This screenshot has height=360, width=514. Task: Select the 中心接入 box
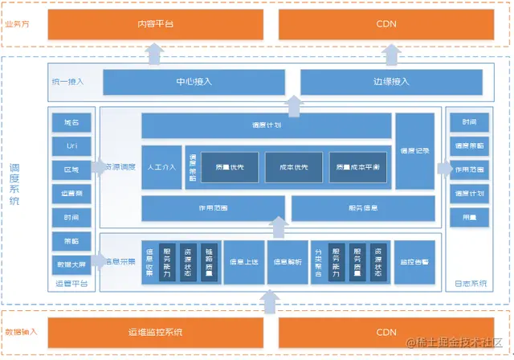point(194,82)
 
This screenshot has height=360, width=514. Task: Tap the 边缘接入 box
point(392,82)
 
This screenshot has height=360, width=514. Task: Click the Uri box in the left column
point(71,145)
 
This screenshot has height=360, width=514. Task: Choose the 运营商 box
point(71,194)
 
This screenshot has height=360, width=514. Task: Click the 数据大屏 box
point(71,263)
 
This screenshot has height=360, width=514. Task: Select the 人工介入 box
point(161,168)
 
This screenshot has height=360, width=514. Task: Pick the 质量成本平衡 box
point(358,167)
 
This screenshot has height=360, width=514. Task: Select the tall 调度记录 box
point(414,150)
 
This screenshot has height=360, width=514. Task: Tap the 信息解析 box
point(287,262)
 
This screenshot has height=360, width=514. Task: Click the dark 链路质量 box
point(209,262)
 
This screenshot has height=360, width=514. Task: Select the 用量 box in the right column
point(469,217)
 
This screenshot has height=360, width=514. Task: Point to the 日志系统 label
point(468,284)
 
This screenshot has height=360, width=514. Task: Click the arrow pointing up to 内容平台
point(155,53)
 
